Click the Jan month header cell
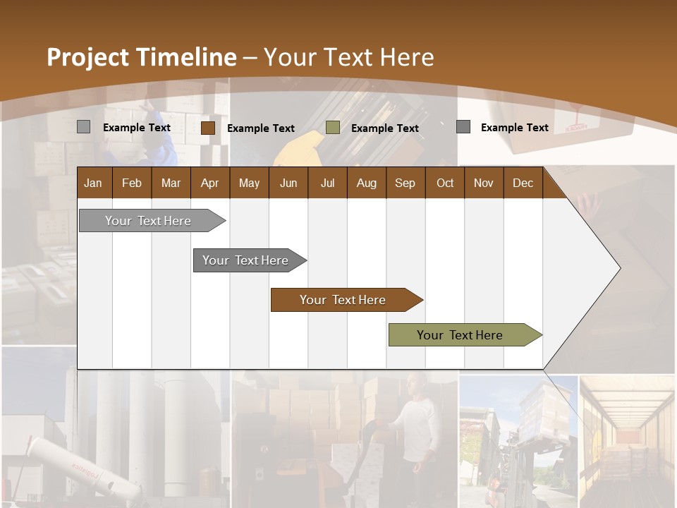(x=94, y=183)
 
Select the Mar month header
(x=171, y=183)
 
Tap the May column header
(x=249, y=183)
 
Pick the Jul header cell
(x=327, y=183)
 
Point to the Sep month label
(x=405, y=183)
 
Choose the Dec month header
(x=523, y=183)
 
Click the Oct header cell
(x=445, y=183)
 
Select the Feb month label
(x=132, y=183)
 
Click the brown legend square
(x=208, y=128)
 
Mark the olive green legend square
(x=333, y=128)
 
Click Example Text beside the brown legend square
(x=261, y=128)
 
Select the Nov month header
(x=484, y=183)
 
